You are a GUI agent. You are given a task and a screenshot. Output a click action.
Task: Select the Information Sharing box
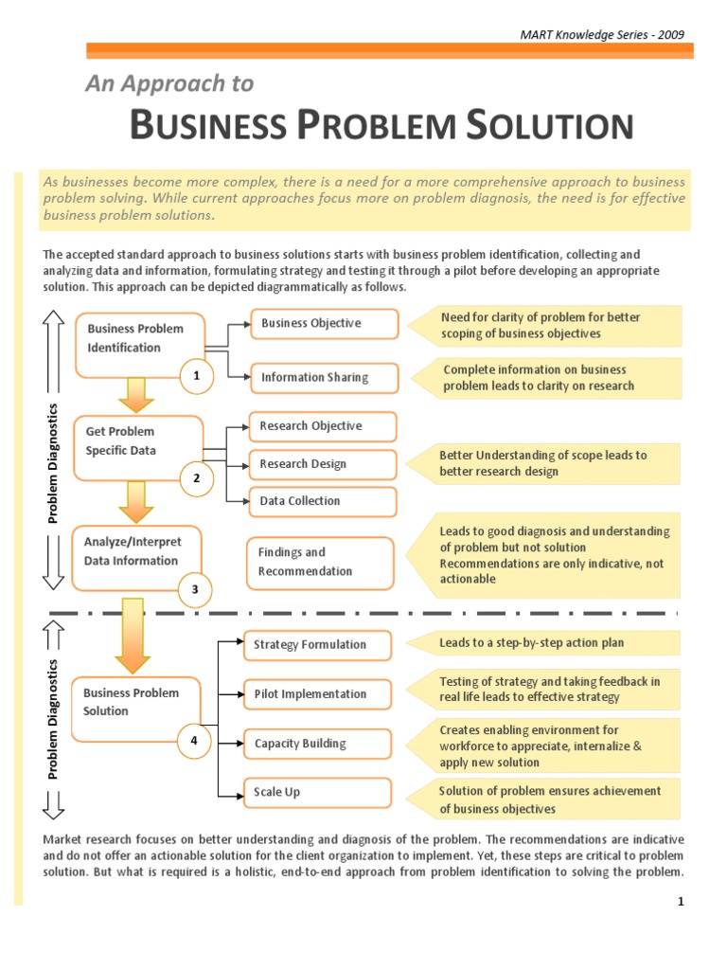click(x=323, y=377)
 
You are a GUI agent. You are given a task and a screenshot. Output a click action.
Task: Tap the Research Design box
click(x=322, y=464)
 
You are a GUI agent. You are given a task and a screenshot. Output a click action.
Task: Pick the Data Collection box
click(x=322, y=501)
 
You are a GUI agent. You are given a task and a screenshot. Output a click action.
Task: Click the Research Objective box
click(x=322, y=426)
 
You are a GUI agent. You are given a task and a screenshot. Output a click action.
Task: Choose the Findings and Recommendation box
click(x=319, y=563)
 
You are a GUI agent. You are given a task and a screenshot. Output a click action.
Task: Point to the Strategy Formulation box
click(x=316, y=645)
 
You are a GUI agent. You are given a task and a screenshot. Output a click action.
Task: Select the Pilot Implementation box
click(x=316, y=694)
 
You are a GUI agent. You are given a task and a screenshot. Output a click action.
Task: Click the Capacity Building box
click(x=316, y=744)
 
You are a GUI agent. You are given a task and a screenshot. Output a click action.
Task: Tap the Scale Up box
click(x=316, y=792)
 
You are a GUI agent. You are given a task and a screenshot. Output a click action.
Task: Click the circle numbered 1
click(x=197, y=376)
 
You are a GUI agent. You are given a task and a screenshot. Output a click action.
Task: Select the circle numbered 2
click(x=197, y=478)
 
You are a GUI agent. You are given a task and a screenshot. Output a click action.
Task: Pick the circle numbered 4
click(x=194, y=741)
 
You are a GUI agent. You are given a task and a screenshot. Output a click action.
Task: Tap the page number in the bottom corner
click(x=680, y=903)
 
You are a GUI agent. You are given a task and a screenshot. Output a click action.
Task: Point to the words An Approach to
click(x=169, y=84)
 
